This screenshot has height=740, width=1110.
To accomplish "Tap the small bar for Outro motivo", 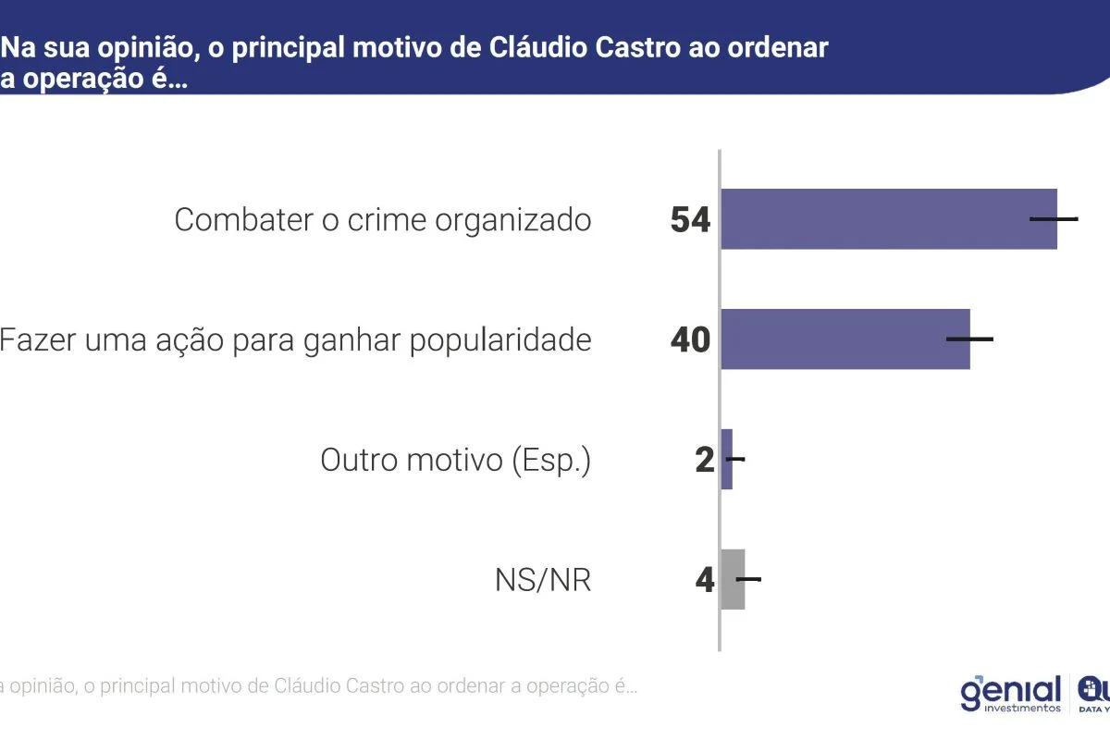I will tap(727, 459).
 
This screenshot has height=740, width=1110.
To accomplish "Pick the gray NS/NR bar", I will tap(733, 579).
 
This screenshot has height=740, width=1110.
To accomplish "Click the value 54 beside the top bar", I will tap(690, 220).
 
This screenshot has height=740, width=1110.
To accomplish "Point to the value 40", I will tap(690, 340).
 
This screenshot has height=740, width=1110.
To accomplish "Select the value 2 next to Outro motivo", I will tap(705, 460).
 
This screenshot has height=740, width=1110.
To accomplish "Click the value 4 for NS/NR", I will tap(705, 580).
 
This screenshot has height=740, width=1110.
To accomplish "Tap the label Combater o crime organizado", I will tap(382, 220).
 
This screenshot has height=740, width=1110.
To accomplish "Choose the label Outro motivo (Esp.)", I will tap(455, 460).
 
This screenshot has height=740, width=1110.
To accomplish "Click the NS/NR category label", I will tap(542, 581).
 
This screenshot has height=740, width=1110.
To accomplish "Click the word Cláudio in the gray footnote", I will tap(310, 687).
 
